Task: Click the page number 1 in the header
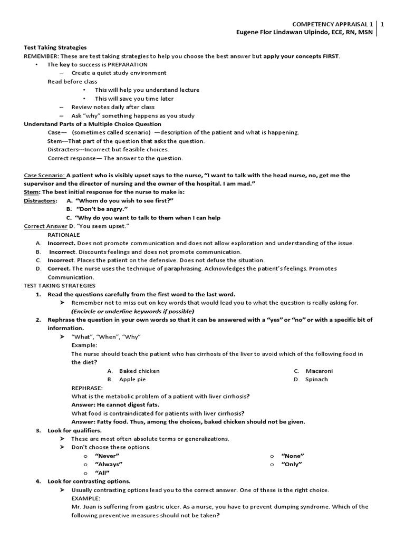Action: point(382,24)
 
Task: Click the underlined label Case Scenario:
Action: point(44,175)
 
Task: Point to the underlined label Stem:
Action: point(32,192)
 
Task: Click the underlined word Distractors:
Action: point(40,200)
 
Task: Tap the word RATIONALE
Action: point(64,235)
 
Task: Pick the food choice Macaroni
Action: point(319,371)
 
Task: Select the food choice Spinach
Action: point(316,379)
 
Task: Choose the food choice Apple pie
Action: point(132,379)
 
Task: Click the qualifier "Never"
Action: point(107,456)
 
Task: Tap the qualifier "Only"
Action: point(292,464)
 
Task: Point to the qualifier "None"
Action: point(293,456)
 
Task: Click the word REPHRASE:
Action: point(87,388)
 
